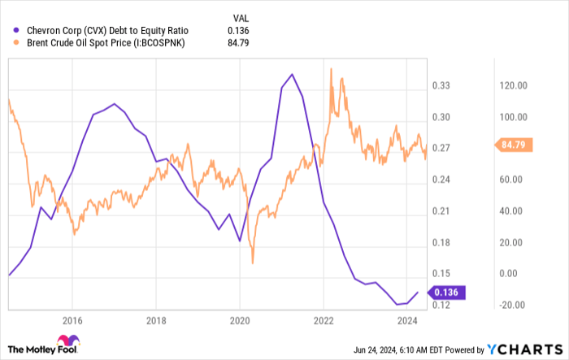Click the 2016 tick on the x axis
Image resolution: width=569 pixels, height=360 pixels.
click(x=72, y=319)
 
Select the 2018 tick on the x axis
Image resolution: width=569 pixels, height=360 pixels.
click(x=156, y=319)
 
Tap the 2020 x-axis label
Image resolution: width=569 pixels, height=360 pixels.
click(x=240, y=319)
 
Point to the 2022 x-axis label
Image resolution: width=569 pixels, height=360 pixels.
click(x=324, y=319)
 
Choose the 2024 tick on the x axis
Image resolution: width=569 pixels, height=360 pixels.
click(x=407, y=319)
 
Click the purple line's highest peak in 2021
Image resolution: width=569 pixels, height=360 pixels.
click(x=292, y=74)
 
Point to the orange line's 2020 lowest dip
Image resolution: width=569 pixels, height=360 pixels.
click(x=253, y=262)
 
